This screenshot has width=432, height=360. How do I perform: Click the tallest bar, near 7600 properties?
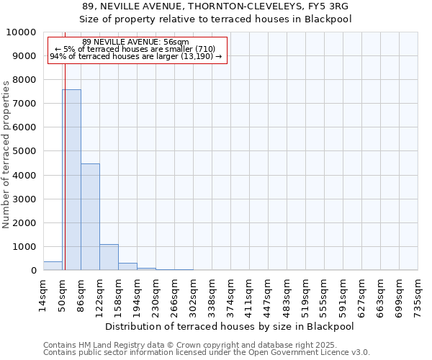[x=71, y=180]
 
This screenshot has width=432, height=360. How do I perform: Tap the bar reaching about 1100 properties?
[x=109, y=257]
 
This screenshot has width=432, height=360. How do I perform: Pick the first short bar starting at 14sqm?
[x=53, y=266]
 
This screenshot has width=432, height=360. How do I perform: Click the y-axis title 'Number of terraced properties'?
[x=6, y=154]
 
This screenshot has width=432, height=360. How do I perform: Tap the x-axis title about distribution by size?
[x=230, y=326]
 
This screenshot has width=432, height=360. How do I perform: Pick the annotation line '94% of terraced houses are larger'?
[x=138, y=56]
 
